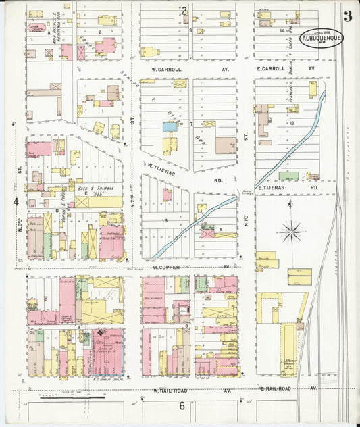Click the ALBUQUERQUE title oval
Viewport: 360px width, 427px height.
322,38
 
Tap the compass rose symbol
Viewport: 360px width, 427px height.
292,231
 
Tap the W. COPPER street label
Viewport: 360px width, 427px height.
164,266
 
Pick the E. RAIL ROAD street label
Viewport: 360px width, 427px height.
275,389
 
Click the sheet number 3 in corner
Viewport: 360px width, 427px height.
347,16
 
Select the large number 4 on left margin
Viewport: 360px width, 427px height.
16,201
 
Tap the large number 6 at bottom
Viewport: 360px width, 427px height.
182,405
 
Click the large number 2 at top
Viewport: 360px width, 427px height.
184,9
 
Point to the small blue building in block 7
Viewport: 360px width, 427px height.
170,126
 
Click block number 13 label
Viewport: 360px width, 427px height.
292,123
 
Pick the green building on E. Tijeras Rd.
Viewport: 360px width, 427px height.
288,176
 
